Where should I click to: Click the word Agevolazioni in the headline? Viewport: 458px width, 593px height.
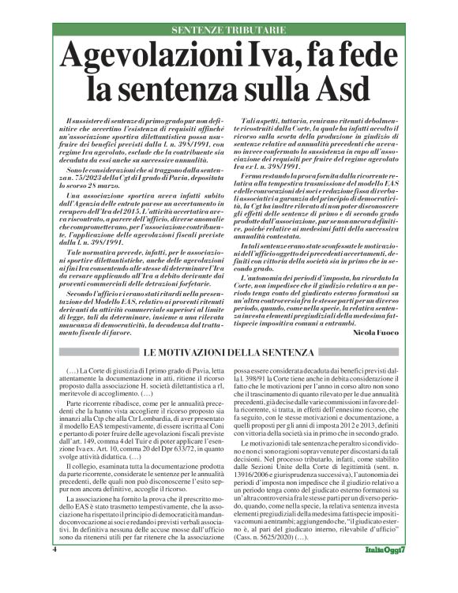[x=153, y=58]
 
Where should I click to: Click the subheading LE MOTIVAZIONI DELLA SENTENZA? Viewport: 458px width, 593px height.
[x=229, y=351]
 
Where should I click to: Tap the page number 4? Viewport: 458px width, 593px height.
[x=55, y=570]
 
